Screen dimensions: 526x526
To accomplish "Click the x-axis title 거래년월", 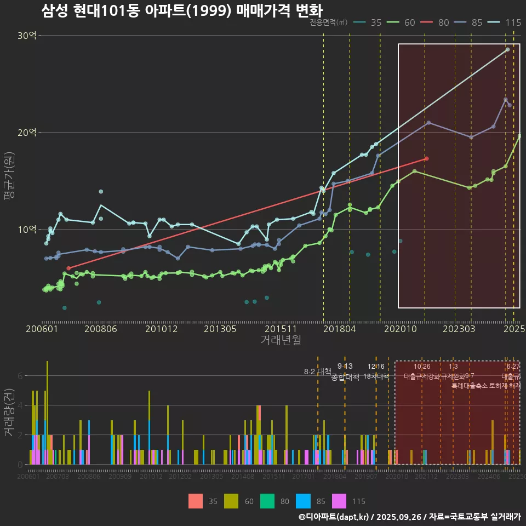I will pos(281,340).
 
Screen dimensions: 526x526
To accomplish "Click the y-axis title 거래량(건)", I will pos(9,413).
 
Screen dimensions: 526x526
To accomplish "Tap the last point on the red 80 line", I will pos(427,159).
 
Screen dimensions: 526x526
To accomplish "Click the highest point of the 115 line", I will pos(507,50).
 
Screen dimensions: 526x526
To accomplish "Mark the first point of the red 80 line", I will pos(68,268).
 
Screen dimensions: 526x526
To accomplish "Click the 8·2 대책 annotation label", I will pos(318,371).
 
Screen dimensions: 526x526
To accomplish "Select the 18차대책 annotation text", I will pos(376,376).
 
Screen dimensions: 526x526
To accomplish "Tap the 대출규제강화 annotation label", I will pos(422,376).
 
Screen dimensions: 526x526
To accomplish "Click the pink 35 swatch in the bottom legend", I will pos(196,501).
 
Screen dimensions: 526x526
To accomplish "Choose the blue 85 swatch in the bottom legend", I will pos(302,501).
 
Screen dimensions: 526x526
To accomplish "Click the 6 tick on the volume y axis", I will pos(20,376).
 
